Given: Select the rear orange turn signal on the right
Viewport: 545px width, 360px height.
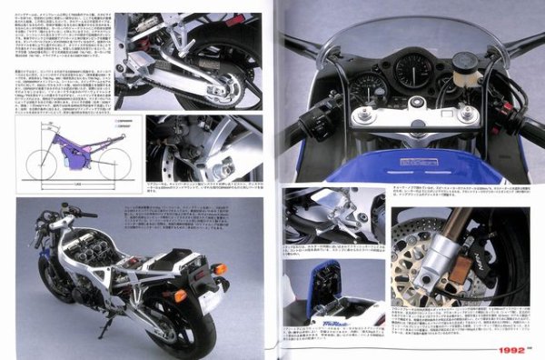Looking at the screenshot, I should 218,269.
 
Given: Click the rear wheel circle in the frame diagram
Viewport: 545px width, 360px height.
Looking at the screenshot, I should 114,165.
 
